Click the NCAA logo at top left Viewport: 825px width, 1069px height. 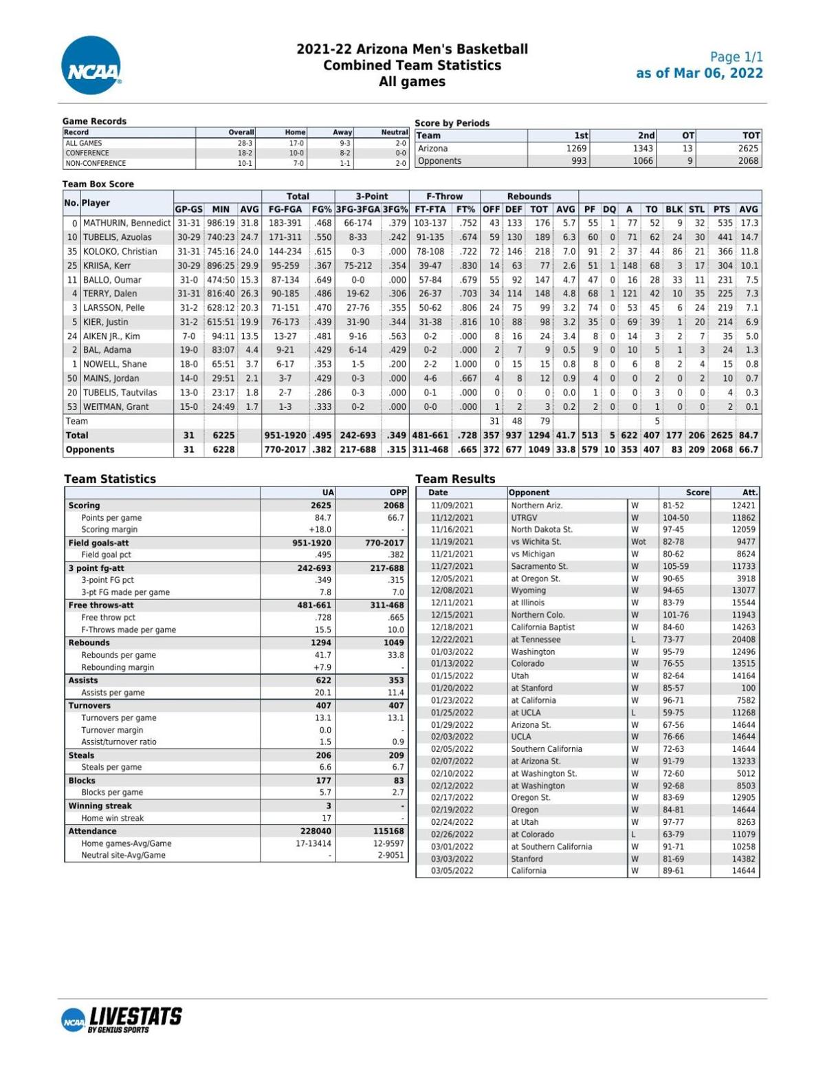(x=91, y=66)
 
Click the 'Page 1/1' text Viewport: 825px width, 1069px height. (x=736, y=57)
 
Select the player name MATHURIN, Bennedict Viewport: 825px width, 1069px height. (x=126, y=224)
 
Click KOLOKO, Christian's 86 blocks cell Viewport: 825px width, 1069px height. (x=676, y=252)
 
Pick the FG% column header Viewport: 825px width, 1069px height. (x=322, y=209)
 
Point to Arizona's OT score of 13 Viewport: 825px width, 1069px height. (x=687, y=149)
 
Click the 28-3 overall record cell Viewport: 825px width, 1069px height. (x=245, y=143)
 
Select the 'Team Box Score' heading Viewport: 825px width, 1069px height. (x=98, y=184)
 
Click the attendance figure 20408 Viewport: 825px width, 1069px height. (x=743, y=640)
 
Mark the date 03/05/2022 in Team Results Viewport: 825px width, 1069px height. (x=452, y=871)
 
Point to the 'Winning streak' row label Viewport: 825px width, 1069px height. (x=100, y=806)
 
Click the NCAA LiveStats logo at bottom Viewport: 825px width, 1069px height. (x=122, y=1019)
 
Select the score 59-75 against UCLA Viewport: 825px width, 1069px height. (x=674, y=713)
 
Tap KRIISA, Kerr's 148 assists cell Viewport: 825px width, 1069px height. (x=630, y=266)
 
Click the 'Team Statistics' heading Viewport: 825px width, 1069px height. (x=110, y=479)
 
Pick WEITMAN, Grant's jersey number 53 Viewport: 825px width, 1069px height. (x=72, y=407)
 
